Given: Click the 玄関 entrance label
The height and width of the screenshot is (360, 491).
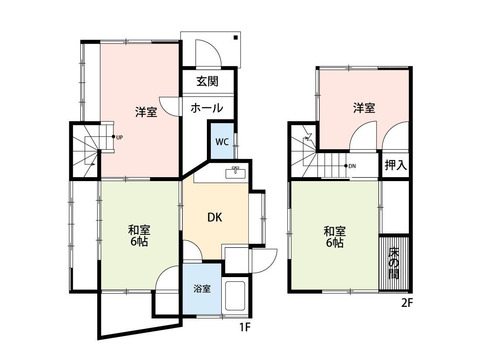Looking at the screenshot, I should tap(207, 81).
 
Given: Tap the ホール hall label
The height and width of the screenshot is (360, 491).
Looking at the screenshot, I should tap(207, 108).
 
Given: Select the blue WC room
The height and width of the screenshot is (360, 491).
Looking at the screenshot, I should tap(221, 142).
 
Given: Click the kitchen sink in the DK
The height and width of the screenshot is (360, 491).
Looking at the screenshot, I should tap(236, 173).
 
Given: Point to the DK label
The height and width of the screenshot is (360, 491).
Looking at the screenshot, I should tap(214, 217).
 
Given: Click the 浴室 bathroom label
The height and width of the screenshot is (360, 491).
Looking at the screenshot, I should tap(203, 289).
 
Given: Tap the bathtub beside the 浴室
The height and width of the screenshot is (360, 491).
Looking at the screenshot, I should tap(236, 295).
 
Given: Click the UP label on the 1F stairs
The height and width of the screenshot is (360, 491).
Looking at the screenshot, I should tap(119, 137).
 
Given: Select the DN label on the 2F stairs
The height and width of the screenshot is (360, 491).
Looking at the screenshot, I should tap(352, 166).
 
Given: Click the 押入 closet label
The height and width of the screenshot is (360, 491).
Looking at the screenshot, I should tap(396, 165).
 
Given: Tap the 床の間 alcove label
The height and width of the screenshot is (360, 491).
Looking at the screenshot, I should tap(394, 263).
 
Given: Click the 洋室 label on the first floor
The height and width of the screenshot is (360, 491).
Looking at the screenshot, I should tap(146, 112).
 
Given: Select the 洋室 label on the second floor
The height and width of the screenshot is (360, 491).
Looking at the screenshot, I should tap(364, 108).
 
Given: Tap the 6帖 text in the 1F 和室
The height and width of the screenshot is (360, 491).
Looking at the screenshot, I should tap(139, 242).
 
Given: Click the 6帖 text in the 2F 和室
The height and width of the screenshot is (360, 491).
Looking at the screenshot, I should tap(335, 243).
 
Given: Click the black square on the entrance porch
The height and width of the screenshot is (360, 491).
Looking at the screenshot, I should tap(236, 38).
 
